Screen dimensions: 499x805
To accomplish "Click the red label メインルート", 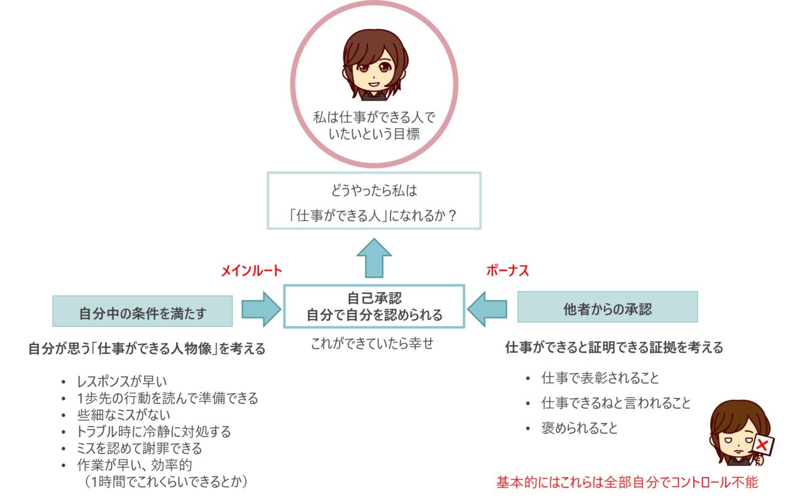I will click(251, 271).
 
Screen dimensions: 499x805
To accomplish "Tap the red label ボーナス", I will click(507, 271).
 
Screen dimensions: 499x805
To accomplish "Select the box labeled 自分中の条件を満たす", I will click(143, 311).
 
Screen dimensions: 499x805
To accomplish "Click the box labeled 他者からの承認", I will click(607, 307).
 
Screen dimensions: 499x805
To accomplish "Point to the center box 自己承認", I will click(374, 306).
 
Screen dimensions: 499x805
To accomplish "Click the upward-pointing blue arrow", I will click(374, 257).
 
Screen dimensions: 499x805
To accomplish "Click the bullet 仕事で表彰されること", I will click(600, 378).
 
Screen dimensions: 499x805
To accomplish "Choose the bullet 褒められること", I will click(579, 429).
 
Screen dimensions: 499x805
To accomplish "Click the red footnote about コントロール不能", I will click(627, 482).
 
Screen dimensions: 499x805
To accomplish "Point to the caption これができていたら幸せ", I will click(372, 344).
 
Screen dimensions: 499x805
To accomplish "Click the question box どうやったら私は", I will click(374, 200).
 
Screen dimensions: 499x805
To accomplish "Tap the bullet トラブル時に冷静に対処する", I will click(153, 432).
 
